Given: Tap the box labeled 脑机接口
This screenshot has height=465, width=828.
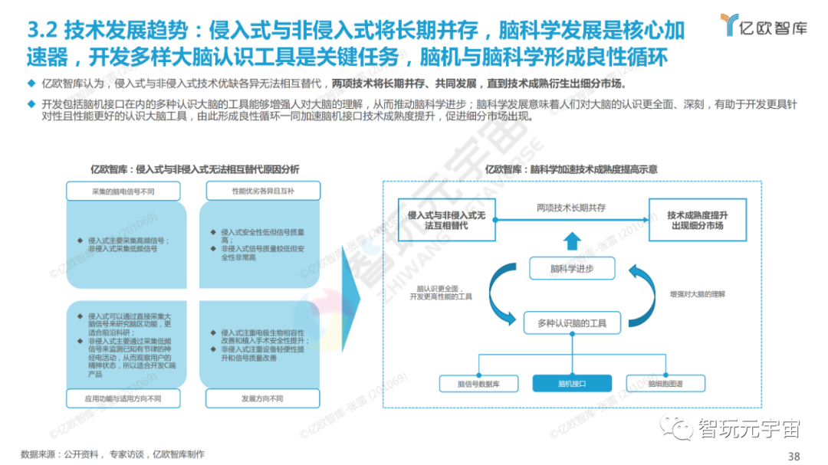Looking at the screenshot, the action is point(571,382).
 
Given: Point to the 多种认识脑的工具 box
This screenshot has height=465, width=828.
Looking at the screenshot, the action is point(571,324).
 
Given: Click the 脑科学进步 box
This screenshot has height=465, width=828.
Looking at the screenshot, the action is point(572,268).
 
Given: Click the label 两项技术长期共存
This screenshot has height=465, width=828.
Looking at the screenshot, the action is point(570,208).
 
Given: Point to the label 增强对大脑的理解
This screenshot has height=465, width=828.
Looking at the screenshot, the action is point(696,293).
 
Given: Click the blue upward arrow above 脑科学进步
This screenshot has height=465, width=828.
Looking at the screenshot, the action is point(572,242).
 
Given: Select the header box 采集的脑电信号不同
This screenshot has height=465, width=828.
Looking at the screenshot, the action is point(123,191).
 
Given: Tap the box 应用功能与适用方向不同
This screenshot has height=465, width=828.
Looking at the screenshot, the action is point(123,399).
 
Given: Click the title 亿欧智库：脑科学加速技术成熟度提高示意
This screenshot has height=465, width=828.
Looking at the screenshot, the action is point(572,169).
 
